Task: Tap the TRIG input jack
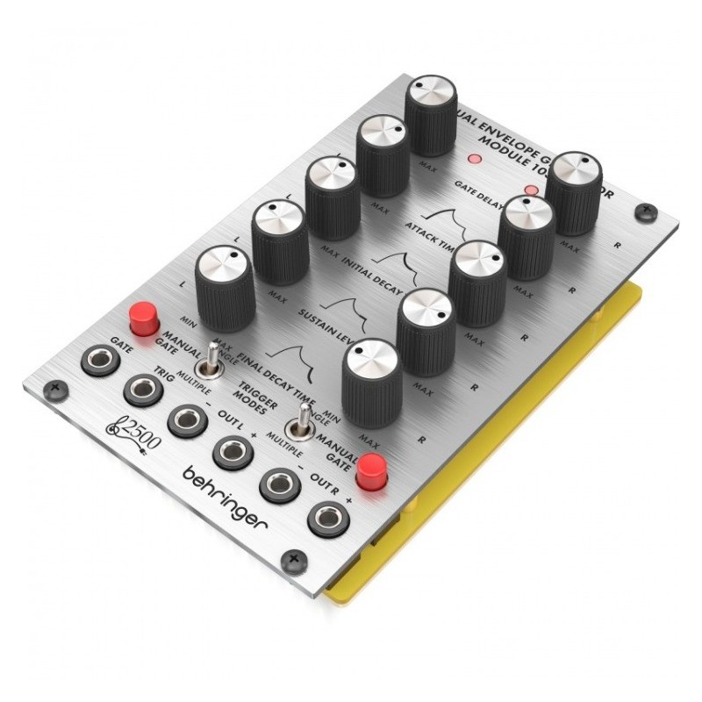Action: tap(142, 389)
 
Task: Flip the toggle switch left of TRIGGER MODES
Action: tap(211, 367)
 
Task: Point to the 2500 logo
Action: tap(133, 433)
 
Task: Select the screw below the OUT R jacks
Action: tap(294, 555)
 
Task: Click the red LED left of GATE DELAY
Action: tap(475, 161)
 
